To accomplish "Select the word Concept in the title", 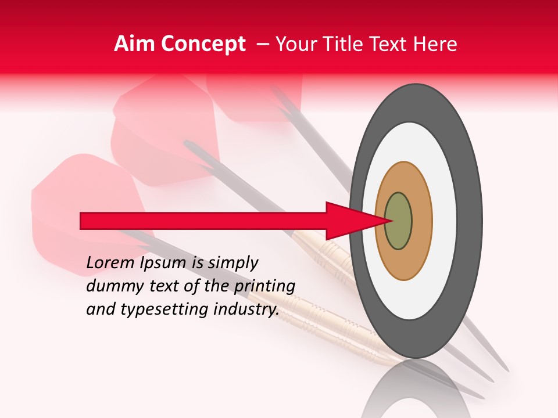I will (202, 44).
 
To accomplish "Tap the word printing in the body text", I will (264, 287).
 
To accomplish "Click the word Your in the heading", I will (295, 44).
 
